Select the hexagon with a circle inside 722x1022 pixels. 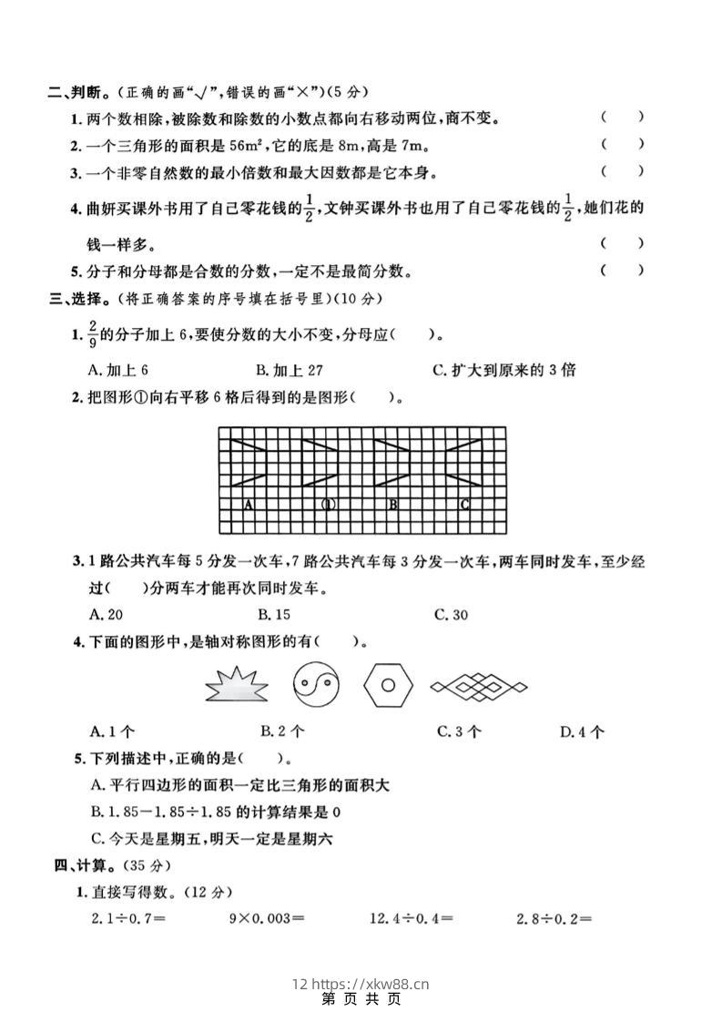pyautogui.click(x=388, y=684)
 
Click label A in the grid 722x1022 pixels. pyautogui.click(x=248, y=503)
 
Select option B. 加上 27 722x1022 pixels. pyautogui.click(x=290, y=370)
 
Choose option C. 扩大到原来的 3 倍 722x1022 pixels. pyautogui.click(x=504, y=370)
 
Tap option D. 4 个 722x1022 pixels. pyautogui.click(x=583, y=731)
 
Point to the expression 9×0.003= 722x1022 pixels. pyautogui.click(x=265, y=918)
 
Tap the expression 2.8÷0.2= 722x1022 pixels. pyautogui.click(x=554, y=918)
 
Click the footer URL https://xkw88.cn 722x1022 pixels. pyautogui.click(x=370, y=984)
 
